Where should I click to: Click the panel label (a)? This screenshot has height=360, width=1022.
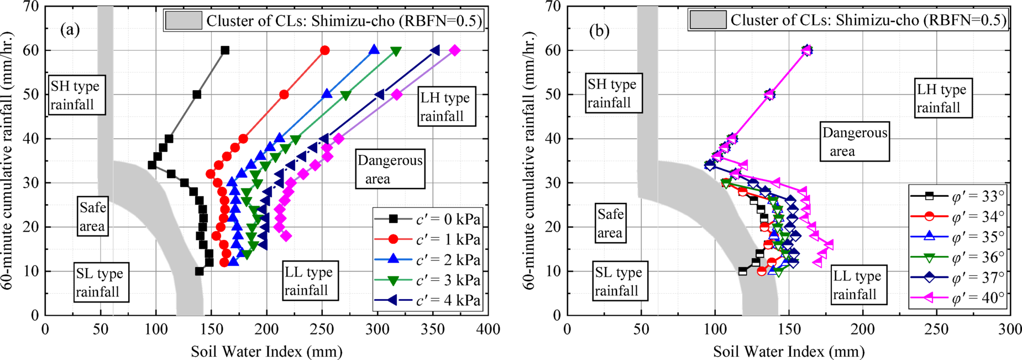point(70,29)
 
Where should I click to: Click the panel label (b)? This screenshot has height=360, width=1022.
point(599,30)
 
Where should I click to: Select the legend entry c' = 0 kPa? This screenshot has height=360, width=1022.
point(448,220)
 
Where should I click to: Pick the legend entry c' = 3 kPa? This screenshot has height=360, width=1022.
point(448,280)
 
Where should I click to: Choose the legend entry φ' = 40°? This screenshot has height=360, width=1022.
point(977,298)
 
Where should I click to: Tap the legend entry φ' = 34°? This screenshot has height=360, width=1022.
point(977,217)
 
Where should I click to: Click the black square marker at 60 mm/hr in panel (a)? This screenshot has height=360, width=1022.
point(225,50)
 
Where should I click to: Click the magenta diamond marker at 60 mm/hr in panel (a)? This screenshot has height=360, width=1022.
point(454,50)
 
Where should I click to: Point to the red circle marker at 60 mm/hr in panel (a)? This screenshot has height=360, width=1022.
point(325,50)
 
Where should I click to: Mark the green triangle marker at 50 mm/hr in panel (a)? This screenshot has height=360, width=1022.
point(346,95)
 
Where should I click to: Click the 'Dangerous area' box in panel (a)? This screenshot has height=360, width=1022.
point(390,169)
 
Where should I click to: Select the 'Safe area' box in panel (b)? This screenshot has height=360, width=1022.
point(610,223)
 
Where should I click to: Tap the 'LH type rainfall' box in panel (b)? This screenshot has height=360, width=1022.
point(941,98)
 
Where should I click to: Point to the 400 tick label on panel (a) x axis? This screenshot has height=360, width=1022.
point(489,330)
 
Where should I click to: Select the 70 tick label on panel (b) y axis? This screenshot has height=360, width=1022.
point(553,7)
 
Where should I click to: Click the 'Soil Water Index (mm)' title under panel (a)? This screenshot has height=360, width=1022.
point(266,351)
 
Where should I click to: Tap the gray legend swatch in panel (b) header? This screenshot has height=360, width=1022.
point(707,20)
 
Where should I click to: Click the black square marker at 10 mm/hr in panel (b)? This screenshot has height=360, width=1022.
point(742,271)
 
